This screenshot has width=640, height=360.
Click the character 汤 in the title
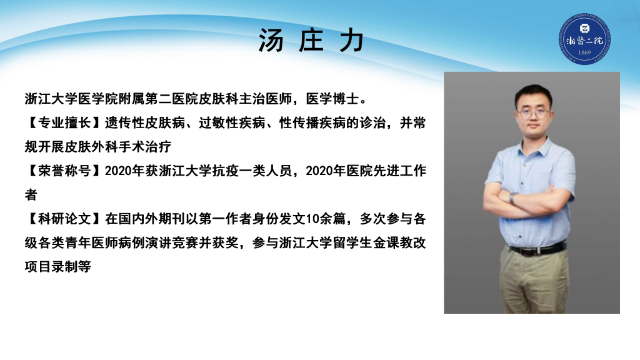271,41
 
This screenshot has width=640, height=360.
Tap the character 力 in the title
352,41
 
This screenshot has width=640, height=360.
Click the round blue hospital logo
585,39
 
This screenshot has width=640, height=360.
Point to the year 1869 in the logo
584,52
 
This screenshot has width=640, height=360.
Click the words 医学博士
332,99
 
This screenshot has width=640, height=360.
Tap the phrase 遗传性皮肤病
145,123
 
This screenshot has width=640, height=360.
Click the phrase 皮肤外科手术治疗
118,147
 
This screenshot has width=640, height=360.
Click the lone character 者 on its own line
31,195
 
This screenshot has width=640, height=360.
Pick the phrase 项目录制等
57,267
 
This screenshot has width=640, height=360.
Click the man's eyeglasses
533,112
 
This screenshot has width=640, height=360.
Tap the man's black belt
537,249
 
